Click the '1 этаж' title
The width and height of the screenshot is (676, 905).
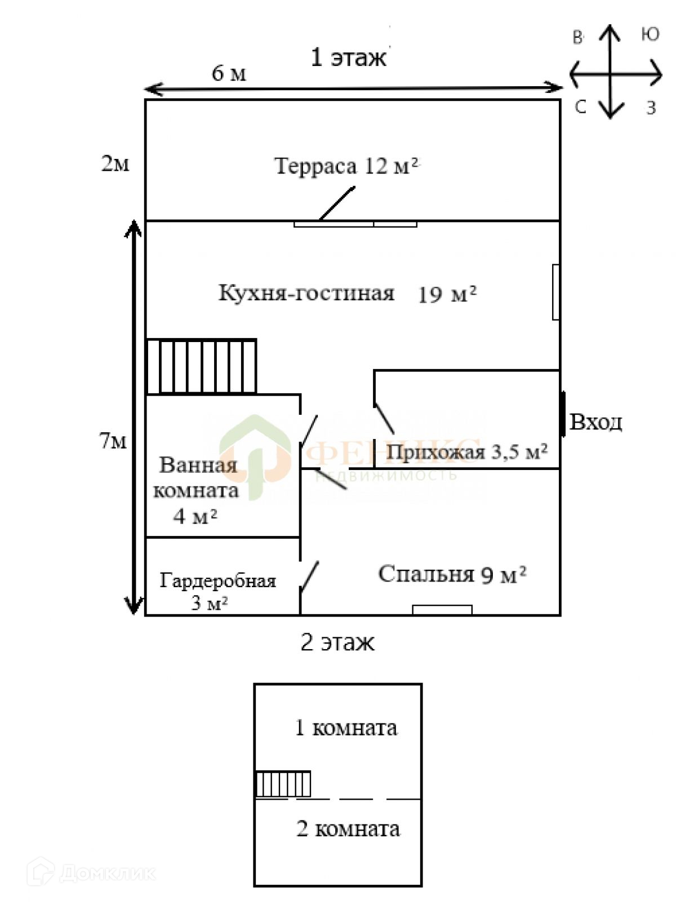click(x=348, y=57)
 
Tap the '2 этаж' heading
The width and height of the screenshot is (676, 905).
click(x=337, y=642)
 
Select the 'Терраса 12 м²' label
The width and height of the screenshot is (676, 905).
click(x=346, y=166)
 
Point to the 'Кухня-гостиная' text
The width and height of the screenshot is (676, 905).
click(x=306, y=293)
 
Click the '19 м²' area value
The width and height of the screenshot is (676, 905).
click(x=447, y=294)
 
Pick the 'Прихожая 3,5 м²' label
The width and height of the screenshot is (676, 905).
click(x=466, y=452)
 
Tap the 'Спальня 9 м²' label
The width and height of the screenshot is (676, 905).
click(x=452, y=574)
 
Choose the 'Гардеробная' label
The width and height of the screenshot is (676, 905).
click(x=217, y=580)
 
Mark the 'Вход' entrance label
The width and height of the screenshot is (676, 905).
click(x=595, y=422)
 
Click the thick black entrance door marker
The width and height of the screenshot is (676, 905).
click(x=563, y=414)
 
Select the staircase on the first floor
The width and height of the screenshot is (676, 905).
click(x=202, y=366)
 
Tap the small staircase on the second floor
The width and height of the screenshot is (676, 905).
click(x=283, y=784)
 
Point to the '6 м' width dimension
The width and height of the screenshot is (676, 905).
click(x=229, y=73)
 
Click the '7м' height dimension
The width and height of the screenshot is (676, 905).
click(x=113, y=441)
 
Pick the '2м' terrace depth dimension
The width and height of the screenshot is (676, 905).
click(x=115, y=163)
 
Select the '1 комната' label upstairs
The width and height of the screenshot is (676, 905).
click(x=346, y=727)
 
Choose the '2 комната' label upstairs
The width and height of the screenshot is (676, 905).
click(x=348, y=828)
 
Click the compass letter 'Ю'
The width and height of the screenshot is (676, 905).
click(x=650, y=35)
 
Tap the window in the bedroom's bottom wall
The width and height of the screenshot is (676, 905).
click(x=442, y=609)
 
